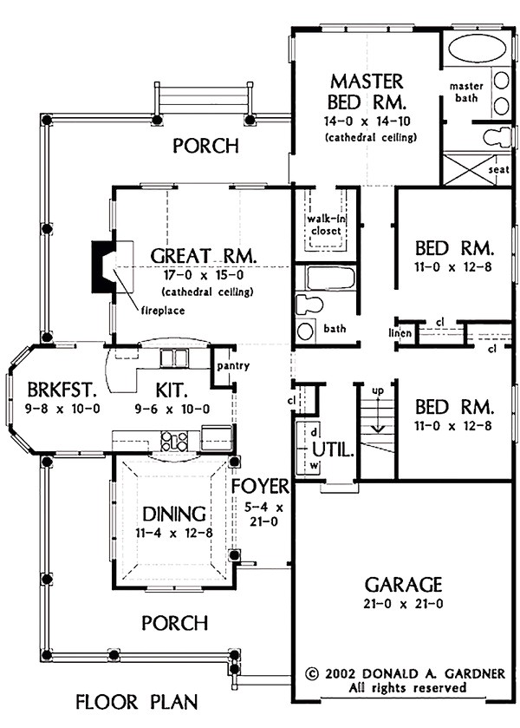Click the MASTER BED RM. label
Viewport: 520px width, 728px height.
coord(367,91)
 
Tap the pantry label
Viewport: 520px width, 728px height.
coord(233,366)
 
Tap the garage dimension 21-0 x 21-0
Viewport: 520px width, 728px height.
coord(404,603)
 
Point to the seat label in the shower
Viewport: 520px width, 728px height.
coord(497,170)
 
